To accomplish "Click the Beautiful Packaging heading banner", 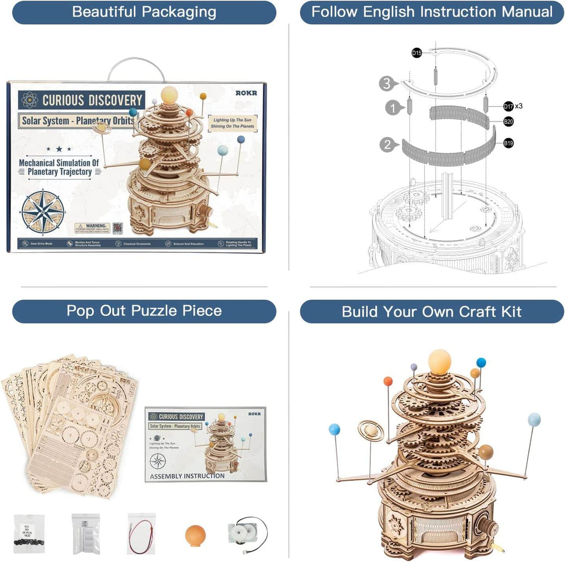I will [x=144, y=12].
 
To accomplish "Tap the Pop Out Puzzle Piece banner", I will [x=144, y=311].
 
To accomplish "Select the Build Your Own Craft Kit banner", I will [x=431, y=311].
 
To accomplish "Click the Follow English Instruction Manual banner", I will [x=431, y=12].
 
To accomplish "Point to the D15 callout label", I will [x=417, y=53].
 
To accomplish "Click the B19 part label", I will [x=508, y=144].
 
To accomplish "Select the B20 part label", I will [x=508, y=121].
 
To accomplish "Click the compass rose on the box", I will [x=43, y=211].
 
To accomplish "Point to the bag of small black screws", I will [x=29, y=534].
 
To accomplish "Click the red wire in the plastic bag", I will [x=141, y=534].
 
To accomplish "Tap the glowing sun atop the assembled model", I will [x=439, y=361].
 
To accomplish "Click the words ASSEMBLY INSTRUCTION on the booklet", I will [x=188, y=475].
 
